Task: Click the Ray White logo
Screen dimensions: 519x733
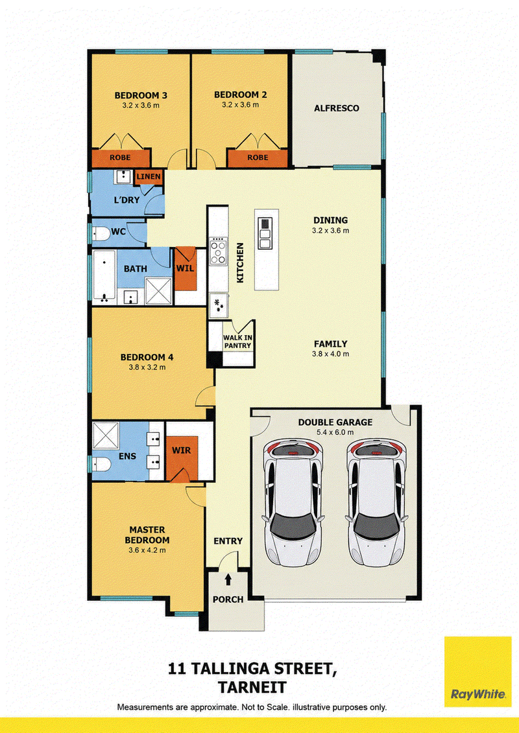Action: click(x=478, y=671)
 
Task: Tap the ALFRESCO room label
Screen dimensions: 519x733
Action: click(x=337, y=108)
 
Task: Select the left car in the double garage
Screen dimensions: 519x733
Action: click(x=293, y=504)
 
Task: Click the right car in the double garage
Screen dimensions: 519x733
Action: click(x=376, y=504)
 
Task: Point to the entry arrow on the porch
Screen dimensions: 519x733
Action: click(x=228, y=579)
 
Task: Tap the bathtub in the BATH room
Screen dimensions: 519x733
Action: click(x=104, y=276)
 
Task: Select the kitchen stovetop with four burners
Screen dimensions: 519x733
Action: click(x=218, y=253)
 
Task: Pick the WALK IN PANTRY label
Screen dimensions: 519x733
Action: click(x=237, y=342)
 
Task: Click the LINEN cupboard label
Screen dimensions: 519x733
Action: click(x=149, y=177)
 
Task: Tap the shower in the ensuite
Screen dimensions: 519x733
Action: click(x=105, y=436)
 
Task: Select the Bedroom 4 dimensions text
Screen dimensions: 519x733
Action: click(x=147, y=367)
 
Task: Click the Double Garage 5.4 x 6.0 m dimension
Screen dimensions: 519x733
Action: click(x=335, y=432)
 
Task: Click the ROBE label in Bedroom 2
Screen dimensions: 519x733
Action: click(x=258, y=157)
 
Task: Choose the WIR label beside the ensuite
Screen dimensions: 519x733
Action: click(x=181, y=450)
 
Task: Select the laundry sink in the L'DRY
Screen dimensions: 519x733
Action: click(x=123, y=177)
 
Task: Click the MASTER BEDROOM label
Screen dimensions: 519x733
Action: click(x=147, y=535)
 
